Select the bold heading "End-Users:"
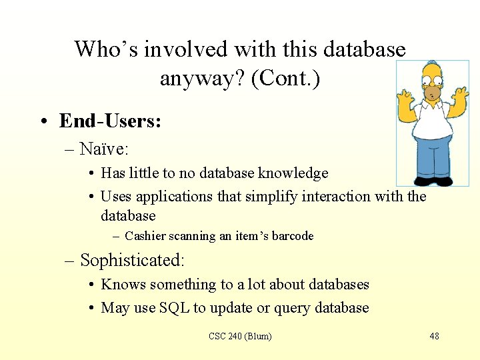[x=110, y=121]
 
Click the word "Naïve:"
[x=104, y=148]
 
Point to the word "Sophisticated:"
[x=132, y=259]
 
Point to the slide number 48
[x=434, y=336]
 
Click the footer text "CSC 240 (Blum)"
[x=240, y=336]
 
